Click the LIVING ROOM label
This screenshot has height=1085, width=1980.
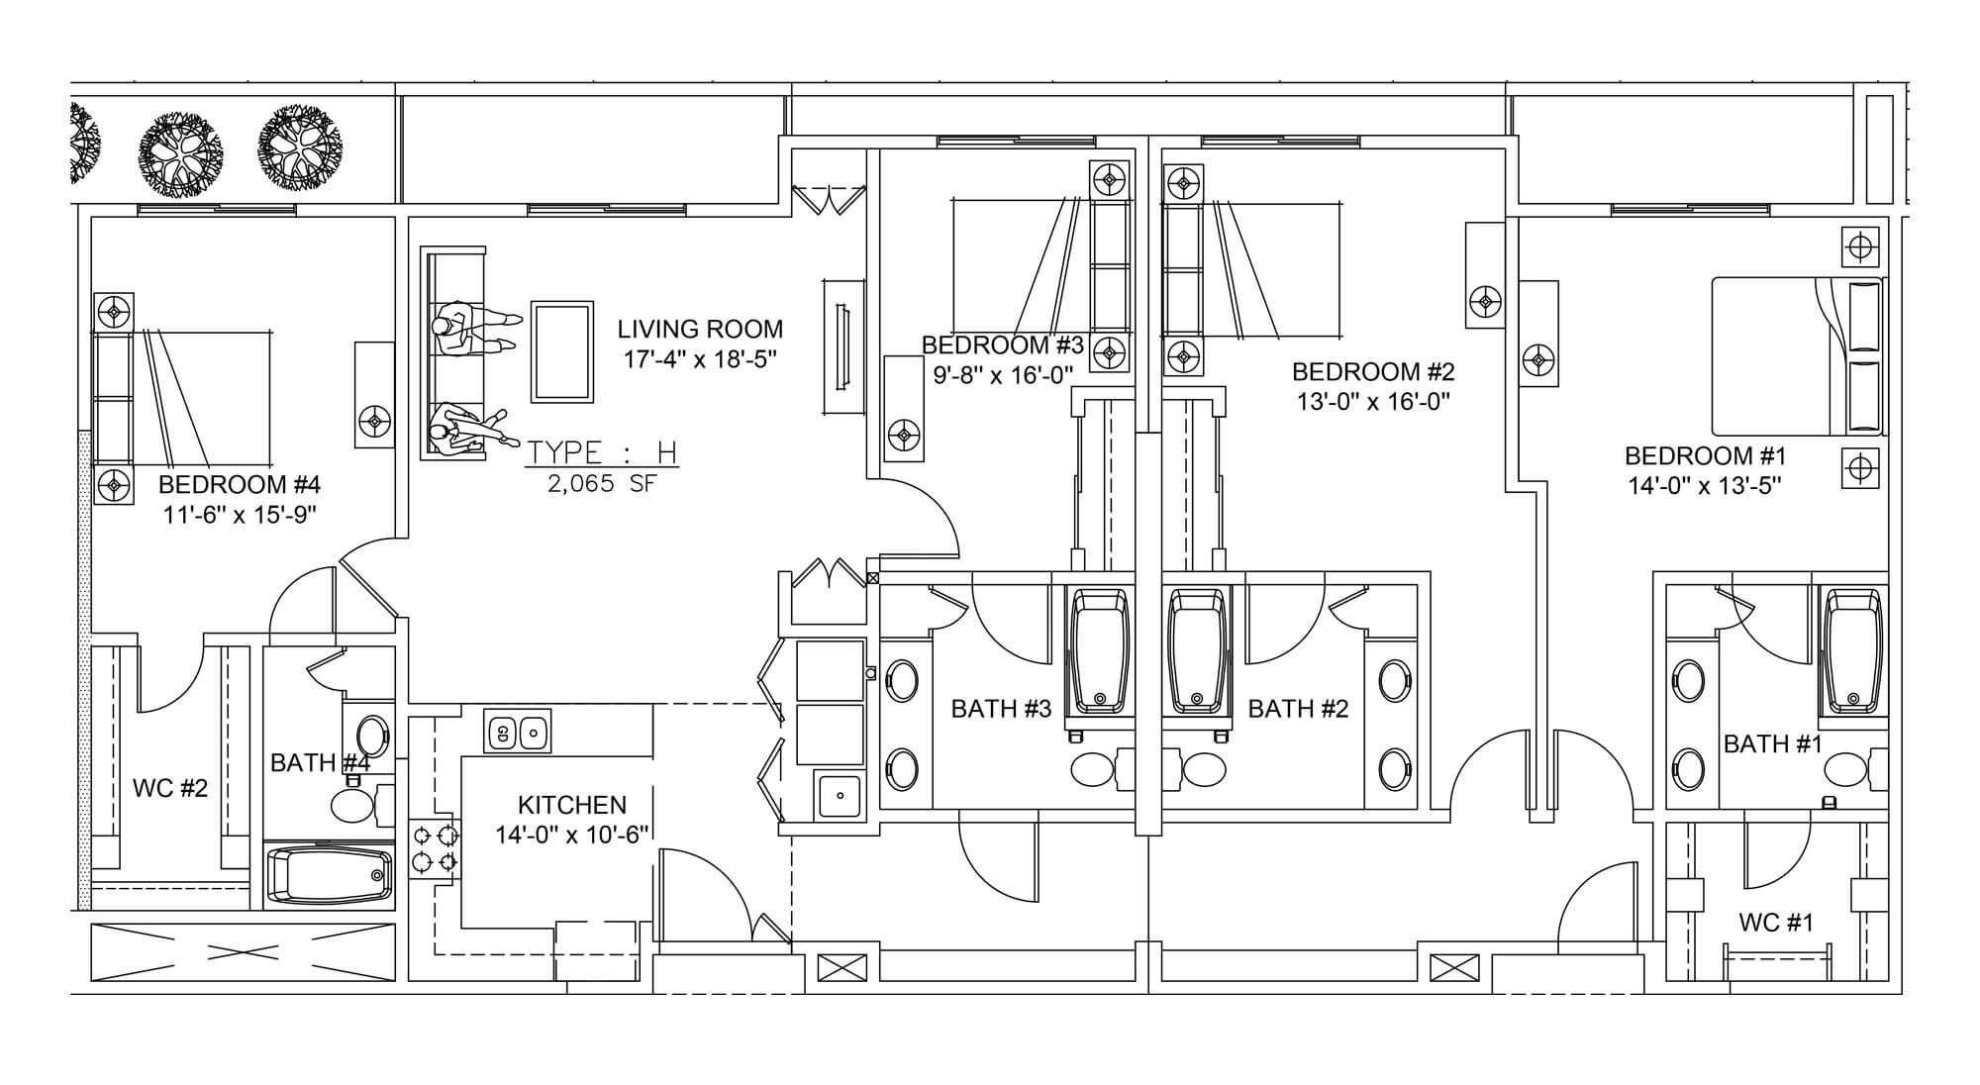(699, 330)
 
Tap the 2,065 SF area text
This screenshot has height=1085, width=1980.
(601, 484)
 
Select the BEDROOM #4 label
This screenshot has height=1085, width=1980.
(239, 485)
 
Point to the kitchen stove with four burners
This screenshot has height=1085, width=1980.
(436, 849)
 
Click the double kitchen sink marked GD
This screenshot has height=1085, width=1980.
(518, 733)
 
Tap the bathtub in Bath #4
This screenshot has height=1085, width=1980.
(330, 875)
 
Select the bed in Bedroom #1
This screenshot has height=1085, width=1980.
(1796, 356)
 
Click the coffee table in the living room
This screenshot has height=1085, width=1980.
(562, 351)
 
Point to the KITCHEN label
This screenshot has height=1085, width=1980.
(572, 805)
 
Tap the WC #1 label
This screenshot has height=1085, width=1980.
(1776, 923)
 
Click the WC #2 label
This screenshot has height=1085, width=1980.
(170, 788)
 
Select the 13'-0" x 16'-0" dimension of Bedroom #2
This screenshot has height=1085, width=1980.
(1373, 402)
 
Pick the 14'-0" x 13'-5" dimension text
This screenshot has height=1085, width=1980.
(1706, 486)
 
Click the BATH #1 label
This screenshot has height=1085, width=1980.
(1772, 743)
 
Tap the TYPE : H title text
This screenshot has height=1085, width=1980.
(601, 453)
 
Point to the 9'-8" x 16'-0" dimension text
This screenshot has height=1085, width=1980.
(1003, 375)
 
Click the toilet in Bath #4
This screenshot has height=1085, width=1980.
(351, 804)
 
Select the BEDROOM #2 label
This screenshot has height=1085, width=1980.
(1373, 372)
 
